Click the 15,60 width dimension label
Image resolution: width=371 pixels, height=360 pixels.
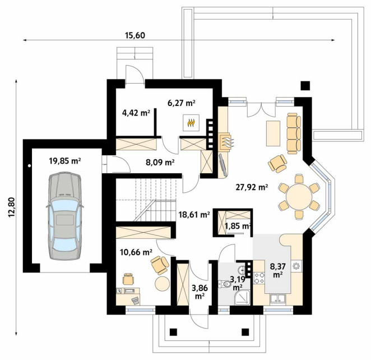pos(135,35)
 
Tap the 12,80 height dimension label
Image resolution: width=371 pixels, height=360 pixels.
pos(12,207)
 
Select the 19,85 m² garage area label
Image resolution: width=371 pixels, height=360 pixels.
pos(65,161)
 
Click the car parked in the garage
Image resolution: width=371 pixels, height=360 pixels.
pos(65,216)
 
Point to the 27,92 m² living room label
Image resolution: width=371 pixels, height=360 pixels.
pos(252,187)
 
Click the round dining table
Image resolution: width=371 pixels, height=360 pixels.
pos(299,196)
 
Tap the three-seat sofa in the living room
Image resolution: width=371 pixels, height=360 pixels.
pos(294,133)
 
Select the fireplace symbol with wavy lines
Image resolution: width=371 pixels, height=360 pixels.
pos(226,142)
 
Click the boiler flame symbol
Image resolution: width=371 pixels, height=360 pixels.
pos(191,123)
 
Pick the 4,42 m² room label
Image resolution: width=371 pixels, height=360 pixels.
pos(136,113)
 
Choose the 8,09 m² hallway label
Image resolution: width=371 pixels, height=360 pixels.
pos(160,163)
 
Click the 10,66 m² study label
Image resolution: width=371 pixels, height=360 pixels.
pos(136,252)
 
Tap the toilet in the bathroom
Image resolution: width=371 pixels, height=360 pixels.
pos(225,284)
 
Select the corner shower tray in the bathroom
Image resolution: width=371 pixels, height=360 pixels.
pos(242,297)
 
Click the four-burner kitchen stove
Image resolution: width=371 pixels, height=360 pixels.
pos(259,278)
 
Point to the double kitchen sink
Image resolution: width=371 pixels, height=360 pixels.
pos(278,298)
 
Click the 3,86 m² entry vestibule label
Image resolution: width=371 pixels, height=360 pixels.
pos(200,292)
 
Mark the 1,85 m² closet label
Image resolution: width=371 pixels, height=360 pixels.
pos(238,227)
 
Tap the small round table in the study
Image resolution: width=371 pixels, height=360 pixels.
pos(162,284)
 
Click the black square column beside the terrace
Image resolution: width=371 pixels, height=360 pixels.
pos(305,86)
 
